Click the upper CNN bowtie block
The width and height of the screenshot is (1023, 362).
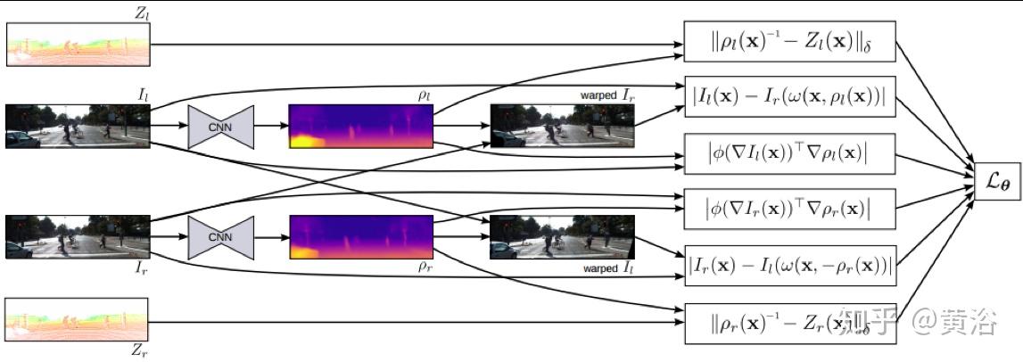221,126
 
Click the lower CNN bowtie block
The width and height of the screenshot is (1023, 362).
221,237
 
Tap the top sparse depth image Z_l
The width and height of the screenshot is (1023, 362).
78,44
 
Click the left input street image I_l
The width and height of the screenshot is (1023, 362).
78,126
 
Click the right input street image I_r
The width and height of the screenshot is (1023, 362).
78,237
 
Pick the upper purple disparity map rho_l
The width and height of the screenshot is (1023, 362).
360,126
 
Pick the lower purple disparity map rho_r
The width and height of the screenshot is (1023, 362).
360,237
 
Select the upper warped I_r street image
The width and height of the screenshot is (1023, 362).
562,126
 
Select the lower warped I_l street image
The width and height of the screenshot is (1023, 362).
562,237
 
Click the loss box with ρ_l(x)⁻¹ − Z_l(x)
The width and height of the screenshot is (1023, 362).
789,41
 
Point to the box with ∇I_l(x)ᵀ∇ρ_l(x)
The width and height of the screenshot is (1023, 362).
789,153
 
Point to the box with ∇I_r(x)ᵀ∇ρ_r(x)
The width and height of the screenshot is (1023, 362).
789,209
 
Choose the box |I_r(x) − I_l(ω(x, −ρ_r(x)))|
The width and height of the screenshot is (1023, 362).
789,265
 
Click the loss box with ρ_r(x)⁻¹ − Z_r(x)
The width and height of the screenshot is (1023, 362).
789,322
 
